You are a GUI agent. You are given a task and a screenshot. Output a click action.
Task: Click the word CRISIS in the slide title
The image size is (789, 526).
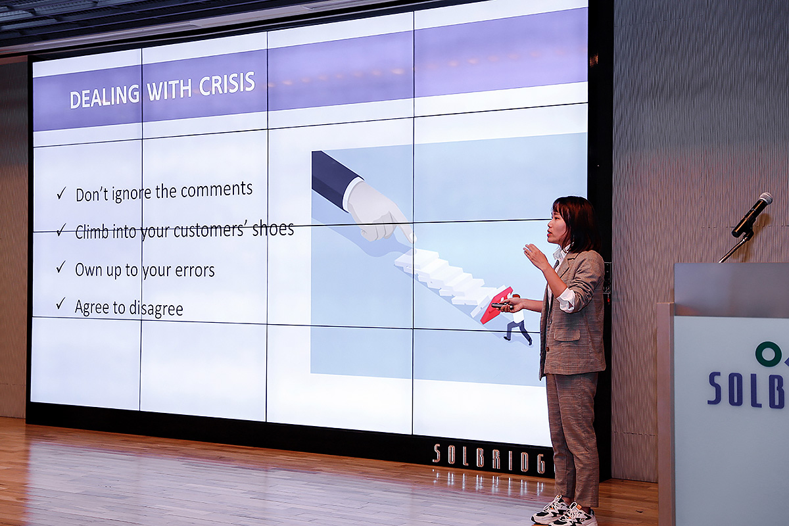(x=227, y=84)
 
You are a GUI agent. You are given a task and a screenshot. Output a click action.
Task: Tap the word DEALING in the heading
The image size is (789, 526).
(x=105, y=96)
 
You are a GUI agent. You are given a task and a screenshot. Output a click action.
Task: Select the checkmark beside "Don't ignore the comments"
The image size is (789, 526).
(x=61, y=193)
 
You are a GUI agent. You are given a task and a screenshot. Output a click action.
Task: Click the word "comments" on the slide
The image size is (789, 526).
(x=216, y=189)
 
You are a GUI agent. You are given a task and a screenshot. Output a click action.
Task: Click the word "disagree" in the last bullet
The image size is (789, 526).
(x=156, y=309)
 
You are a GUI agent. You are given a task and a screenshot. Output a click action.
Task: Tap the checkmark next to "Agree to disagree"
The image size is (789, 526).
(x=61, y=303)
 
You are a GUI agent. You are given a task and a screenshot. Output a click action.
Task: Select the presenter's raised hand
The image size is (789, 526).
(x=535, y=255)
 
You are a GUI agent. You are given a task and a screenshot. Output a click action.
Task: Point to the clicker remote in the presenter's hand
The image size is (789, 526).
(x=500, y=306)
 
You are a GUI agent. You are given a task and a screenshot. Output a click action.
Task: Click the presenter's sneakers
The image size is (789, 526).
(x=563, y=512)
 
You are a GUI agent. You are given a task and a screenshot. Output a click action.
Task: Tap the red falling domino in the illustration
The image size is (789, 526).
(x=496, y=305)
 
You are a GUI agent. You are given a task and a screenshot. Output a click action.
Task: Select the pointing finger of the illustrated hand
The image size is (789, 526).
(x=404, y=228)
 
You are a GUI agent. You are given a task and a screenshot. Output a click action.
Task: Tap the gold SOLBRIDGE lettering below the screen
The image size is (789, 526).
(x=490, y=458)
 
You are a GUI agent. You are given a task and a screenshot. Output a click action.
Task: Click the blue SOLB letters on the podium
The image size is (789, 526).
(x=748, y=390)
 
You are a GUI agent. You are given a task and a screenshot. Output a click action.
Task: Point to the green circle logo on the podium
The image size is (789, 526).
(x=768, y=354)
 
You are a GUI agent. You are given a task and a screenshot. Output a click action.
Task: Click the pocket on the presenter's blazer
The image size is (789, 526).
(x=567, y=333)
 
